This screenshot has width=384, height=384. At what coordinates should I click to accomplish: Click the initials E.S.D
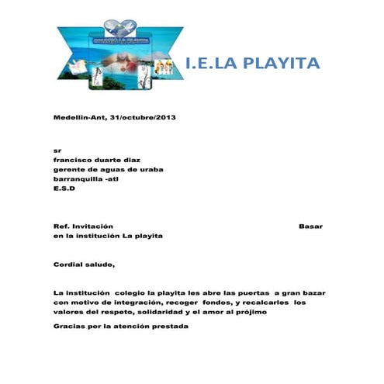63,188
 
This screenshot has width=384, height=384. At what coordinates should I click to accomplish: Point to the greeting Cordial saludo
83,264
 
